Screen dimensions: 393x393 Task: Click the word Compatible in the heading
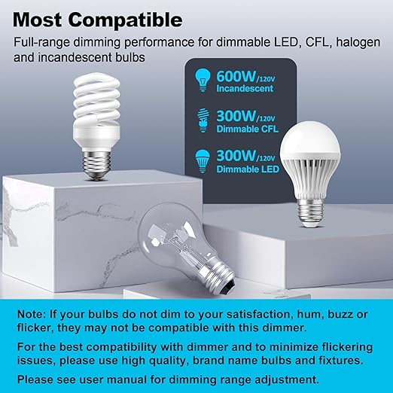tap(128, 18)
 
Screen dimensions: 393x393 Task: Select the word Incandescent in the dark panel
tap(241, 91)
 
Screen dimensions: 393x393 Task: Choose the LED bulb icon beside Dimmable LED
tap(200, 160)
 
